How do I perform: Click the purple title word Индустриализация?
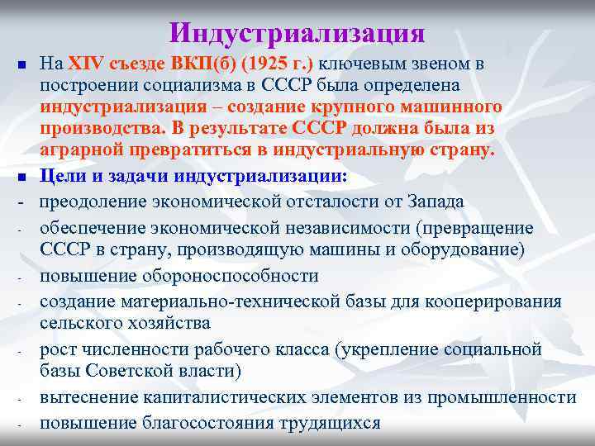pyautogui.click(x=297, y=32)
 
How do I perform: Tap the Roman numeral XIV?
pyautogui.click(x=83, y=64)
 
